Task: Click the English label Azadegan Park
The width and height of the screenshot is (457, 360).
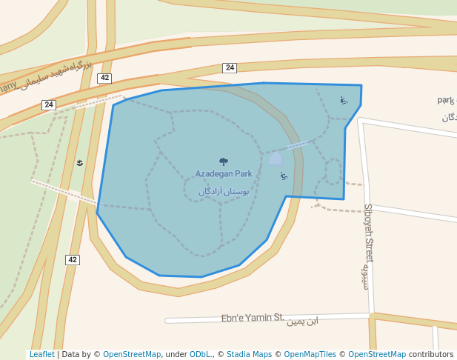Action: coord(224,174)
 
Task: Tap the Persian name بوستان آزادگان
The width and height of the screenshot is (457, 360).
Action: coord(224,191)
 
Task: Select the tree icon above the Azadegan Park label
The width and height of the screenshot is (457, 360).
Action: coord(224,161)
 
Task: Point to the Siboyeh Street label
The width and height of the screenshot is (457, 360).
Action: coord(368,233)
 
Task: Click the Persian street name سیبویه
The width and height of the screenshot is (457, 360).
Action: coord(364,276)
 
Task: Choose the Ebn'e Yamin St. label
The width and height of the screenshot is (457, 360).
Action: coord(253,319)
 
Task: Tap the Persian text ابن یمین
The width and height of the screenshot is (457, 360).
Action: coord(302,321)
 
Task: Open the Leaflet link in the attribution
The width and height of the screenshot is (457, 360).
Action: coord(41,355)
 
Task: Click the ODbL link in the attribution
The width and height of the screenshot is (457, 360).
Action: coord(199,355)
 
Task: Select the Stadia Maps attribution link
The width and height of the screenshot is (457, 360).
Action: coord(249,355)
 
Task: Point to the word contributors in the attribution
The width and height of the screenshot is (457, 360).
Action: coord(431,355)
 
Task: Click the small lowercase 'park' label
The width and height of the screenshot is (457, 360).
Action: coord(445,100)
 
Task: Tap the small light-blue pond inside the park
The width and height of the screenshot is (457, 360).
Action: coord(276,158)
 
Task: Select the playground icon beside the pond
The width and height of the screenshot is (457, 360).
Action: coord(284,176)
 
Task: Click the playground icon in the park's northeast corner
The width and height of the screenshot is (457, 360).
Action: coord(343,100)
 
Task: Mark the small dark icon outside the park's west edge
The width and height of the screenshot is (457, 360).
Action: coord(80,162)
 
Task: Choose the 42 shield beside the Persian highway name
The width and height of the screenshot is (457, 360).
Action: coord(104,78)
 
